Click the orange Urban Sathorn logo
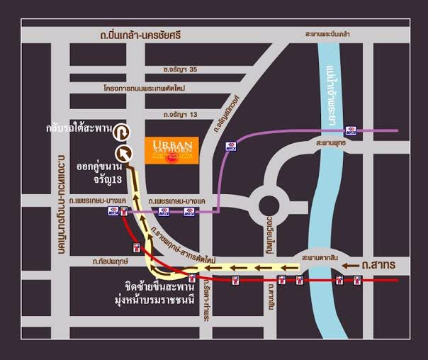tap(172, 149)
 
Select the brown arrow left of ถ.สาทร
tap(349, 265)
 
